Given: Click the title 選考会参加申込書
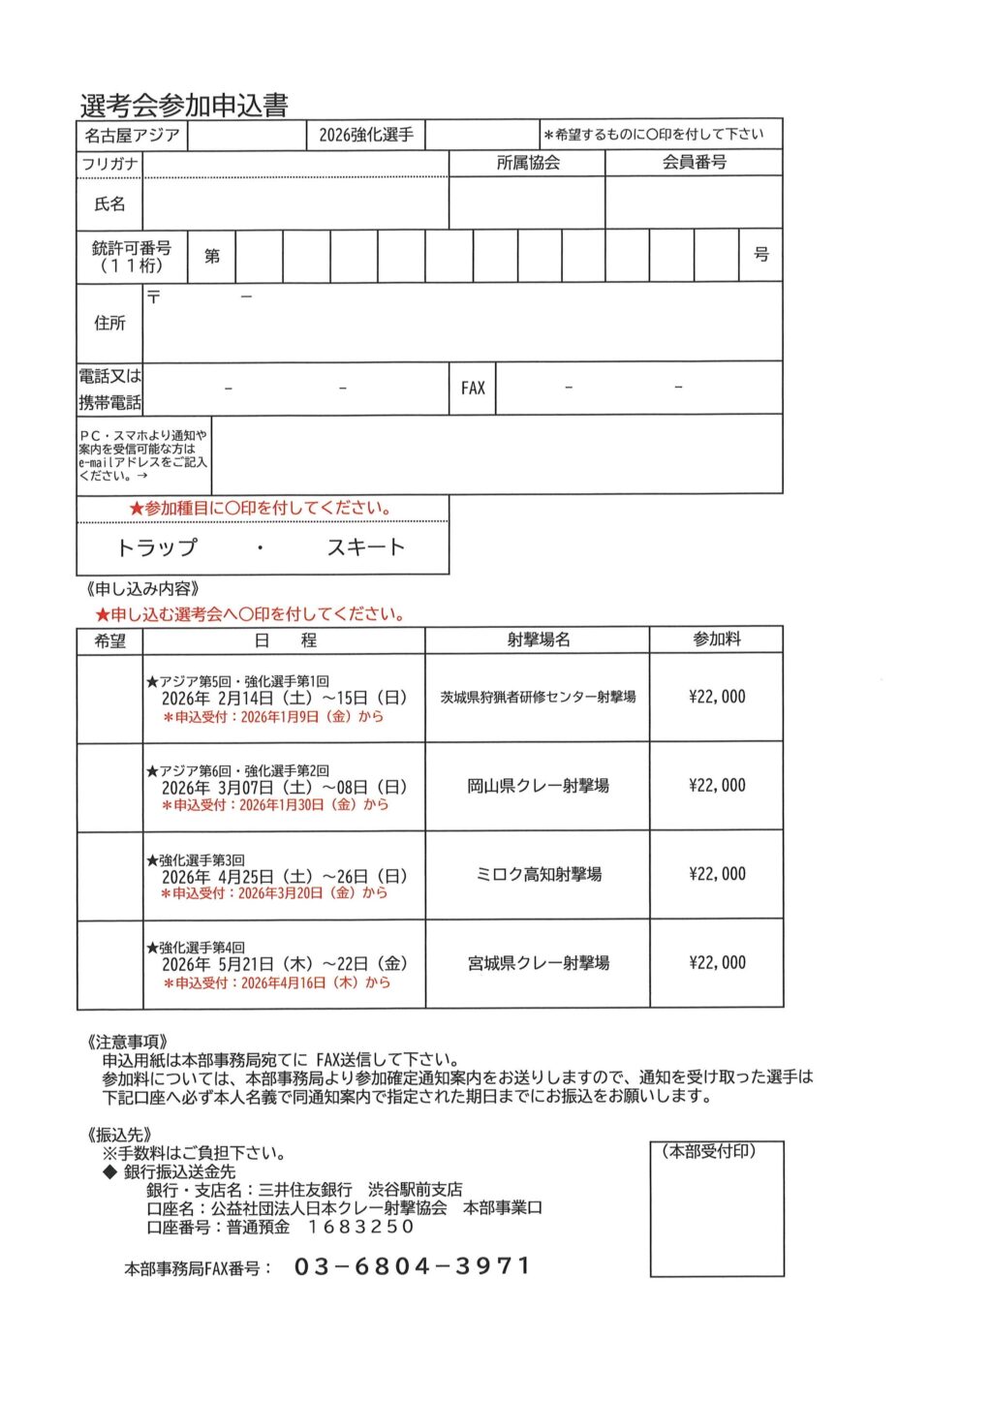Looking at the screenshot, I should pos(184,105).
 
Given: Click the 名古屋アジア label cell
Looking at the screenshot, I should pos(132,136).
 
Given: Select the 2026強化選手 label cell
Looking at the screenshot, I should pos(366,136).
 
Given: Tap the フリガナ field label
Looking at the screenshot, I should pos(109,164).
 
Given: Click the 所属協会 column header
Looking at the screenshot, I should pos(528,163).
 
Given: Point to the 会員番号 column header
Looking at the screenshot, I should pos(694,163).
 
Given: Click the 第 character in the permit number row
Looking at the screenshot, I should pos(212,256).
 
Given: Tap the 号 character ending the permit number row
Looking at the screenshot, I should pos(761,255).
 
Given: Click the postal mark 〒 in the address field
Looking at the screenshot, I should pos(154,296).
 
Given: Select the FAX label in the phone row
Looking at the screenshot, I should pos(473,389).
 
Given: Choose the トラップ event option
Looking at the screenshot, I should pos(157,548).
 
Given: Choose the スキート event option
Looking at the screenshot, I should pos(365,548).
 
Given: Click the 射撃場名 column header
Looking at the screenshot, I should pos(538,639).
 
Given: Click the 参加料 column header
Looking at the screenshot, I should pos(716,639).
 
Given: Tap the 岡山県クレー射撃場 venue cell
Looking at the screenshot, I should pos(538,786).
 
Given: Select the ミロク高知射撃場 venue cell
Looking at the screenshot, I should pos(538,874).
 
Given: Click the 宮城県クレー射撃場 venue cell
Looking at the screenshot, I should pos(538,963).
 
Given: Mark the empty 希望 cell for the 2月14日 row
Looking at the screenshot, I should pos(109,698).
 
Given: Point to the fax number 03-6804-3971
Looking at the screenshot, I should pos(413,1266).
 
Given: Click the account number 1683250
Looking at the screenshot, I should pos(360,1227).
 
